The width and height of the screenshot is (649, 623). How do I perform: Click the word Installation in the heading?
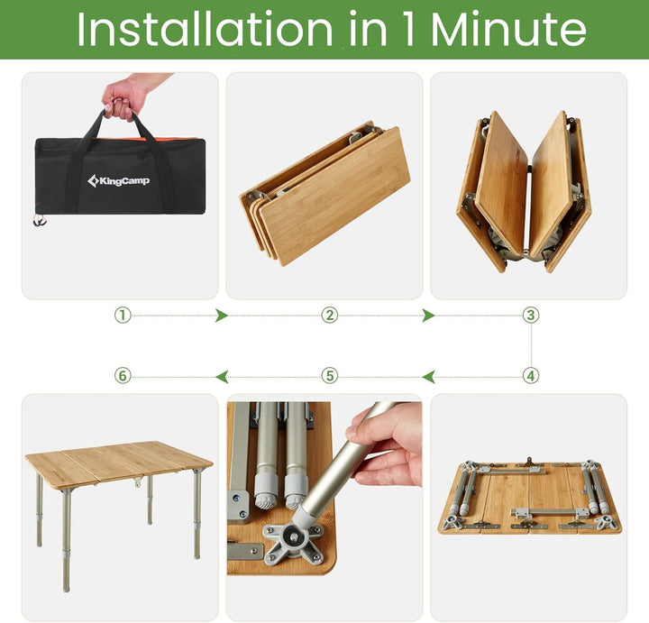pos(205,29)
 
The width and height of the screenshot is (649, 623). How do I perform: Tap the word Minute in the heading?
pos(508,29)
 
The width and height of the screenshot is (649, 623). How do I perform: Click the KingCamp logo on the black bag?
pos(118,181)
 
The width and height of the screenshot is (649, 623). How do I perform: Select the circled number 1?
pos(123,316)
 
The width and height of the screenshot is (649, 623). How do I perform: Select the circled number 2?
pos(330,316)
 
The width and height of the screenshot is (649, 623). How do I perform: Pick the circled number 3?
pos(531,316)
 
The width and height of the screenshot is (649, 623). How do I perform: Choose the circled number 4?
pos(531,376)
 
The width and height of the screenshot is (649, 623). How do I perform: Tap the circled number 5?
pos(330,376)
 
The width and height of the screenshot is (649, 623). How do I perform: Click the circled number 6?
pos(123,376)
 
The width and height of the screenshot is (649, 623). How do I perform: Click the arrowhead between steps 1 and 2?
pos(222,316)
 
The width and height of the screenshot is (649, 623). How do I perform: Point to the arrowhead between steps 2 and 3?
pos(428,316)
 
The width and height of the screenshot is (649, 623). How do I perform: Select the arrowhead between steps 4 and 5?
pos(428,377)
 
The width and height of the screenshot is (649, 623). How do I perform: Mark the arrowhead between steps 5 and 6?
pos(222,377)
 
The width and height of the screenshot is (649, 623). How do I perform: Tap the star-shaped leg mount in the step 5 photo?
pos(294,539)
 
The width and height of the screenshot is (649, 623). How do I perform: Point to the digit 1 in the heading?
pos(408,29)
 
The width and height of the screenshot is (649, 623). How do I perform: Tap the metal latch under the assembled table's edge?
pos(137,481)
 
